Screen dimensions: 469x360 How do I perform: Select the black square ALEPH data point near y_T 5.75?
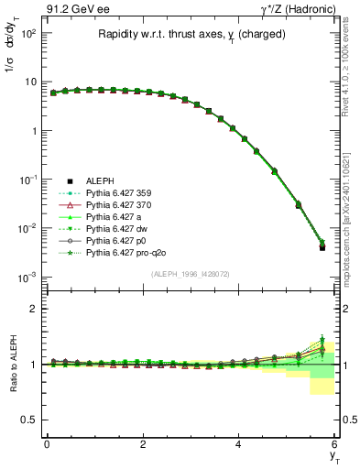322,247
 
